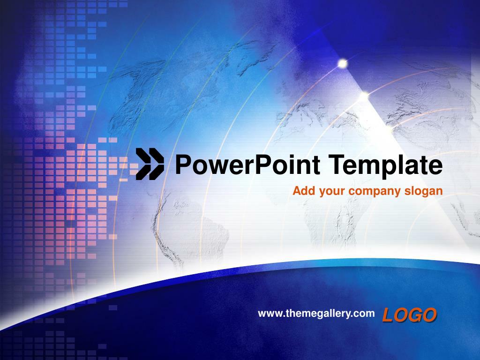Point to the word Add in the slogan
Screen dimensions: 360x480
coord(302,191)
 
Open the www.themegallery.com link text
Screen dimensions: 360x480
coord(316,313)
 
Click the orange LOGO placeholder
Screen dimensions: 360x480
coord(409,315)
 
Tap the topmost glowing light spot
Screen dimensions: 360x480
coord(343,63)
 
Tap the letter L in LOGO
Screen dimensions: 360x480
coord(388,315)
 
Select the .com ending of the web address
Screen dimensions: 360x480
coord(365,313)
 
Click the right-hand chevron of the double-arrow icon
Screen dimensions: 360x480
coord(156,164)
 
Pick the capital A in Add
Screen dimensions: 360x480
coord(296,191)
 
